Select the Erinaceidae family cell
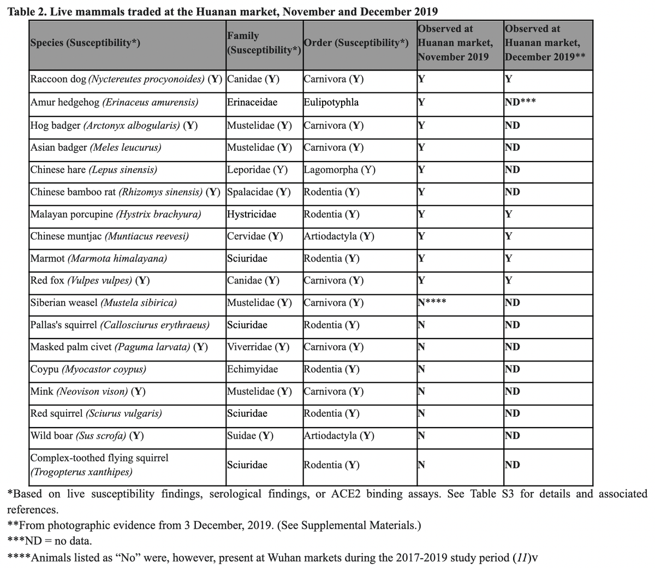point(252,103)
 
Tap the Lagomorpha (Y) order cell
point(339,170)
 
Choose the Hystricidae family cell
point(252,214)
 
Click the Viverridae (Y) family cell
point(258,347)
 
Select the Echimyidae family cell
point(252,369)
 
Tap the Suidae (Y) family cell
point(250,436)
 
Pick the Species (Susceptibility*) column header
point(85,43)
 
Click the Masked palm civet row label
point(119,347)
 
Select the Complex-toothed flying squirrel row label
point(99,465)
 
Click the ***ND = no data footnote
point(50,541)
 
